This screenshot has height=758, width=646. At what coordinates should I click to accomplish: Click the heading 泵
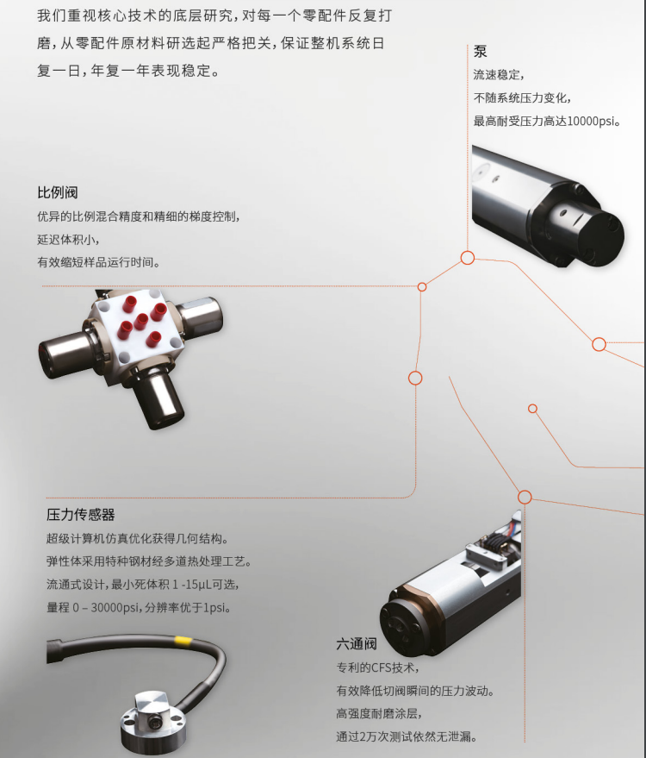pos(480,51)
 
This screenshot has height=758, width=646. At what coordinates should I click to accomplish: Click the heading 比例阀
pos(57,192)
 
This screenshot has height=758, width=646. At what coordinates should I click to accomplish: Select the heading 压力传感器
pos(80,515)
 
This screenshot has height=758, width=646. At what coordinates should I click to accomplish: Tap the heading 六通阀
pos(357,644)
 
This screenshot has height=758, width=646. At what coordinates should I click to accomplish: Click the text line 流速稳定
pos(498,75)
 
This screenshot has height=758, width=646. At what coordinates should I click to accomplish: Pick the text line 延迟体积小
pos(74,239)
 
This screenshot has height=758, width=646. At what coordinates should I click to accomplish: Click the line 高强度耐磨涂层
pos(378,713)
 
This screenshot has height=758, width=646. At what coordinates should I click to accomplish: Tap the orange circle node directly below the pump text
pos(468,257)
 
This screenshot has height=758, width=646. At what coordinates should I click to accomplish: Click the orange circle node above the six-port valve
pos(525,497)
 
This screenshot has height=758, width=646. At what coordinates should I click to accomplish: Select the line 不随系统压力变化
pos(522,97)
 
